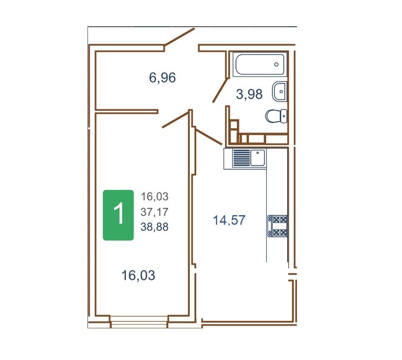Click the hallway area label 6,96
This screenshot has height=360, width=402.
click(x=162, y=77)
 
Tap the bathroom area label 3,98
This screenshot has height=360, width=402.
click(x=249, y=94)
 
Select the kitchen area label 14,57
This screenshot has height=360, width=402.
click(x=229, y=220)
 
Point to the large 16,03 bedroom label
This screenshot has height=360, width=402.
click(x=138, y=276)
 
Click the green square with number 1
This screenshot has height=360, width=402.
click(x=118, y=215)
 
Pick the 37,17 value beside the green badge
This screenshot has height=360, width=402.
click(x=155, y=212)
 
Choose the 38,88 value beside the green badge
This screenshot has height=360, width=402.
click(x=155, y=227)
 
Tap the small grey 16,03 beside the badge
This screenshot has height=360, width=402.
click(x=155, y=196)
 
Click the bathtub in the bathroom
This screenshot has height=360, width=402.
click(x=260, y=64)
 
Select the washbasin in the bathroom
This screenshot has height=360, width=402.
click(x=280, y=92)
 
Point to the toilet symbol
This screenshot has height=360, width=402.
click(x=276, y=116)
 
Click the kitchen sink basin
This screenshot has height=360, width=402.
click(x=258, y=158)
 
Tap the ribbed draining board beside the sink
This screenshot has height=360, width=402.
click(x=241, y=158)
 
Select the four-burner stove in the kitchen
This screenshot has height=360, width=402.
click(x=277, y=226)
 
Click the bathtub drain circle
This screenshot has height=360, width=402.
click(x=276, y=64)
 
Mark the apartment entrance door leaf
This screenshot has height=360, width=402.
click(x=180, y=37)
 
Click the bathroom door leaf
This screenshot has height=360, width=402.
click(x=220, y=90)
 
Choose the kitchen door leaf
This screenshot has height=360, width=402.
click(x=209, y=137)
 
